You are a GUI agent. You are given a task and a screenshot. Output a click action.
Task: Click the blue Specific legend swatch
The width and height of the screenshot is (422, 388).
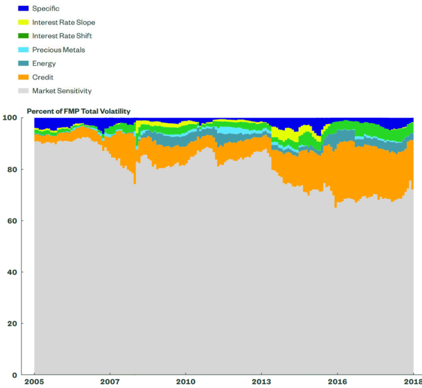click(23, 8)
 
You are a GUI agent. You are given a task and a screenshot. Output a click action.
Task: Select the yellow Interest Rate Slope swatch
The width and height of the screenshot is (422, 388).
click(23, 22)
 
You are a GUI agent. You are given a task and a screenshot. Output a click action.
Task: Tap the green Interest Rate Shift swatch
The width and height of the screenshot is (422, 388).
click(23, 36)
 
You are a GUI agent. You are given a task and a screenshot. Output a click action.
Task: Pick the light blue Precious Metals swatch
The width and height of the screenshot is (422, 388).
click(23, 50)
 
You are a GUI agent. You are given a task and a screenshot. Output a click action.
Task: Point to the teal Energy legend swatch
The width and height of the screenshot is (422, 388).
click(23, 63)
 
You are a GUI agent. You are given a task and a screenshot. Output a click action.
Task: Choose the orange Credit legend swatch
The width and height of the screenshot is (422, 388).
click(23, 77)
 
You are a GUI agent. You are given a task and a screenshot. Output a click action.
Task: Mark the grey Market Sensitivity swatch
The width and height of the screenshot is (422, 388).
click(23, 91)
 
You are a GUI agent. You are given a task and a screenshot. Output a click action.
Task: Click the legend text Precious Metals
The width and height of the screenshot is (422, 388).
click(59, 50)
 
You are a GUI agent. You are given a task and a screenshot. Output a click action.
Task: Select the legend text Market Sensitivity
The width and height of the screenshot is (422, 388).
click(62, 91)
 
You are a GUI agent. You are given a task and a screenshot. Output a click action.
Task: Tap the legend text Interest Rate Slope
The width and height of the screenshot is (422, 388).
click(64, 22)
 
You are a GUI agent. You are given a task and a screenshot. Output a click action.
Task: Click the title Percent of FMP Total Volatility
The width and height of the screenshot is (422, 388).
click(79, 111)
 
